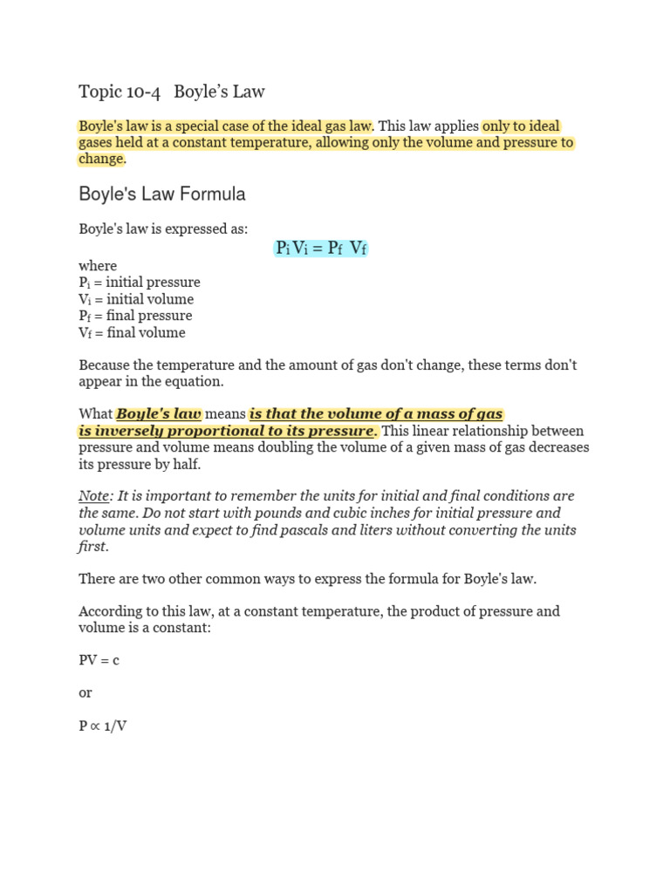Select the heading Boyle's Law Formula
point(162,194)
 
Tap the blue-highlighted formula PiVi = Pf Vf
point(321,249)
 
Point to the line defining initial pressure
point(140,283)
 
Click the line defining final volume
point(132,332)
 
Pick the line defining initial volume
point(136,299)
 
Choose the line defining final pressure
point(135,316)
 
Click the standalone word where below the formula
point(98,266)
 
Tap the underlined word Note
point(93,496)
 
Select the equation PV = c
point(99,660)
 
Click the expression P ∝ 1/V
point(103,726)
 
